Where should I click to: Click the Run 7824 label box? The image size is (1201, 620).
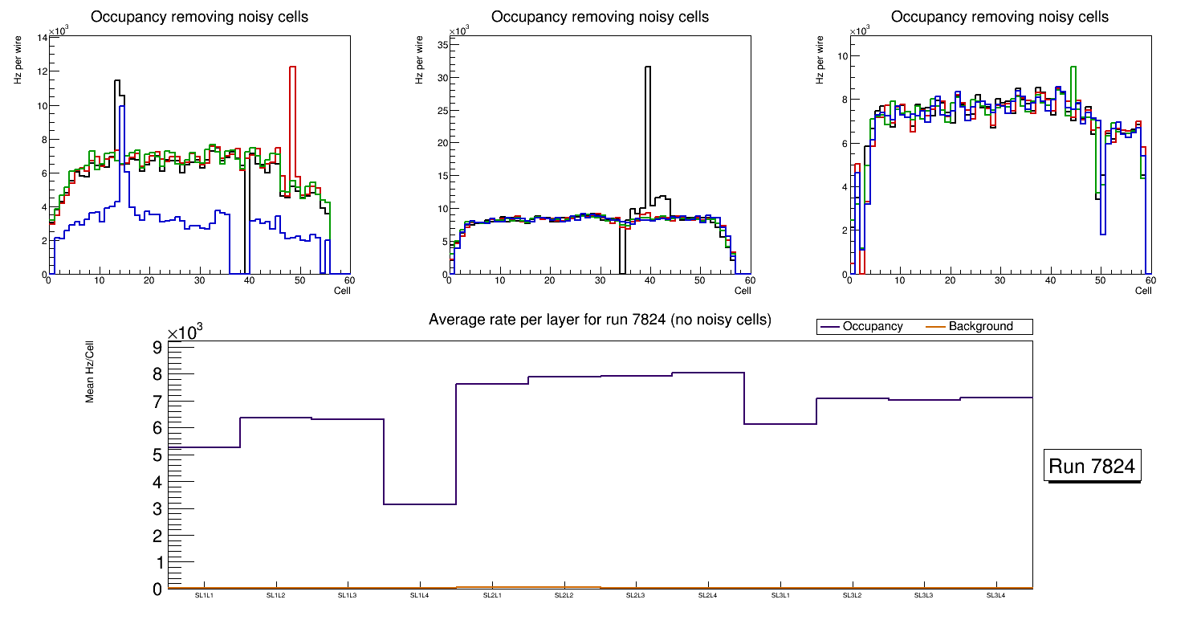pyautogui.click(x=1093, y=466)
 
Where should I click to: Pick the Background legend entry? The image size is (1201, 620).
pyautogui.click(x=980, y=327)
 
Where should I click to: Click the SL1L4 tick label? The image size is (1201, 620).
pyautogui.click(x=420, y=595)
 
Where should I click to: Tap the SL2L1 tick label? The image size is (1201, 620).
pyautogui.click(x=492, y=595)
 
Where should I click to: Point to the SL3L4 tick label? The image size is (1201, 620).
pyautogui.click(x=996, y=595)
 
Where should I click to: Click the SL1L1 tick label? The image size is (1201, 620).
pyautogui.click(x=204, y=595)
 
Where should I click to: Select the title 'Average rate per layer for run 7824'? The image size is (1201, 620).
pyautogui.click(x=600, y=320)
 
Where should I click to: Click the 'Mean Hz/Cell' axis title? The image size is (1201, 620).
pyautogui.click(x=91, y=371)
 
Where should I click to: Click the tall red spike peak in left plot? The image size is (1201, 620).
pyautogui.click(x=292, y=67)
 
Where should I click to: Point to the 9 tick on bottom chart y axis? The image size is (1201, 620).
pyautogui.click(x=157, y=347)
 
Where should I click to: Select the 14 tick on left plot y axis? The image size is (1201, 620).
pyautogui.click(x=41, y=38)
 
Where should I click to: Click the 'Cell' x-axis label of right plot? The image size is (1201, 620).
pyautogui.click(x=1143, y=291)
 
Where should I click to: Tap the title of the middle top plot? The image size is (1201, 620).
pyautogui.click(x=600, y=17)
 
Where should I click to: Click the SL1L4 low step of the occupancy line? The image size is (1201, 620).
pyautogui.click(x=420, y=504)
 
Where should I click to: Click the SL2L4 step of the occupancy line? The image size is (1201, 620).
pyautogui.click(x=708, y=373)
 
